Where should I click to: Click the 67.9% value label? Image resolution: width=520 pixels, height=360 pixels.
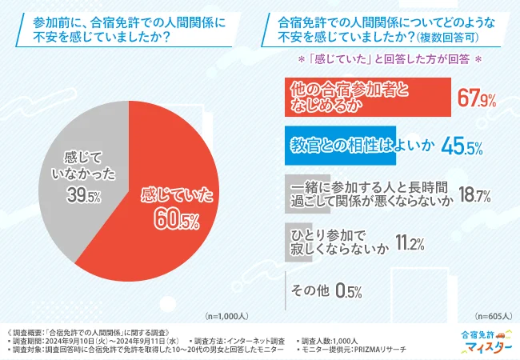pyautogui.click(x=477, y=99)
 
